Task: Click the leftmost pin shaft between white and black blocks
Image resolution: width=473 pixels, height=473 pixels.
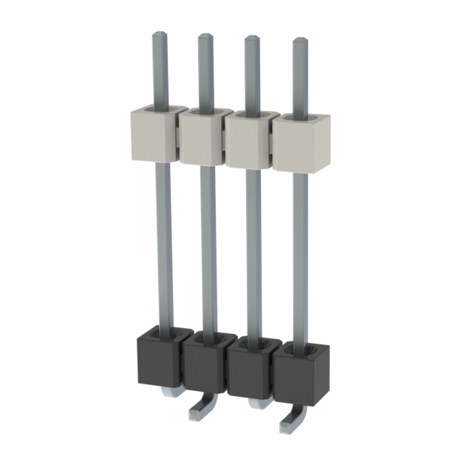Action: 163,244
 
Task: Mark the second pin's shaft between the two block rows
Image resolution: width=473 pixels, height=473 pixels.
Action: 208,248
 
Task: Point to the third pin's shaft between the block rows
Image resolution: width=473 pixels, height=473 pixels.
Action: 253,251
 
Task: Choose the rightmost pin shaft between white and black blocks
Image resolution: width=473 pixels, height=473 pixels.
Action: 300,255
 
